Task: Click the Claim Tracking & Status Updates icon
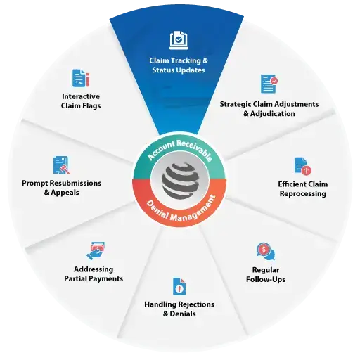pyautogui.click(x=179, y=40)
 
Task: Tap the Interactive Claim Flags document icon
pyautogui.click(x=81, y=78)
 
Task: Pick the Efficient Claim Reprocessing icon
pyautogui.click(x=302, y=166)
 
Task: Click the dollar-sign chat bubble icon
pyautogui.click(x=266, y=252)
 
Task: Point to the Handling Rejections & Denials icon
pyautogui.click(x=179, y=286)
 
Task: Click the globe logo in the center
pyautogui.click(x=180, y=180)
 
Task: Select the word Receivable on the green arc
pyautogui.click(x=195, y=150)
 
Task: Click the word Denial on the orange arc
pyautogui.click(x=157, y=210)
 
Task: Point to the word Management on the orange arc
pyautogui.click(x=193, y=210)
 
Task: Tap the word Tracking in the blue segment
pyautogui.click(x=186, y=60)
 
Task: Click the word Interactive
pyautogui.click(x=81, y=96)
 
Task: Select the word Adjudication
pyautogui.click(x=273, y=114)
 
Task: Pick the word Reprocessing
pyautogui.click(x=303, y=194)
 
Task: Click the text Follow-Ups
pyautogui.click(x=266, y=279)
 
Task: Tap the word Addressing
pyautogui.click(x=94, y=269)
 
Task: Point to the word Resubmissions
pyautogui.click(x=75, y=183)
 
